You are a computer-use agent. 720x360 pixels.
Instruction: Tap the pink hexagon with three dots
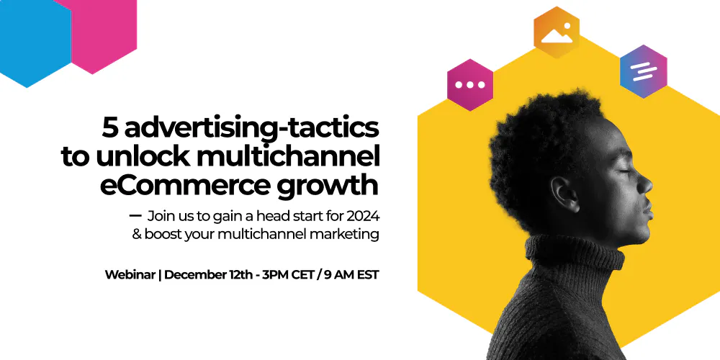coord(470,84)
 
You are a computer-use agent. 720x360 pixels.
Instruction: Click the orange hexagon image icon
coord(557,33)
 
